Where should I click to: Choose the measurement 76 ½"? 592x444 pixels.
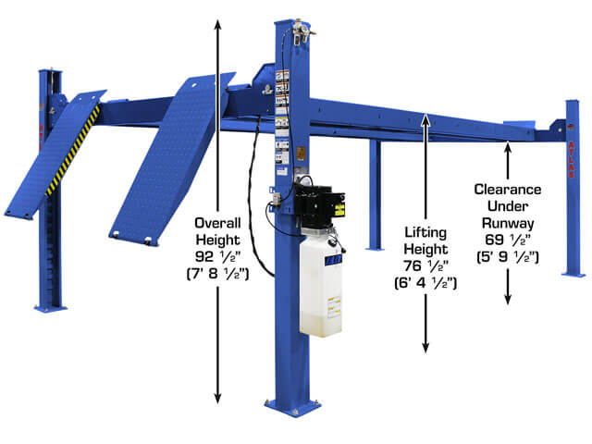click(x=426, y=263)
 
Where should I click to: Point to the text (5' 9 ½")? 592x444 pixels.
click(x=508, y=258)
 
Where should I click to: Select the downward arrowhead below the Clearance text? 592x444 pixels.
click(x=508, y=299)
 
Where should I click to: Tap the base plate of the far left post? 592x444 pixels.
click(x=51, y=307)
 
